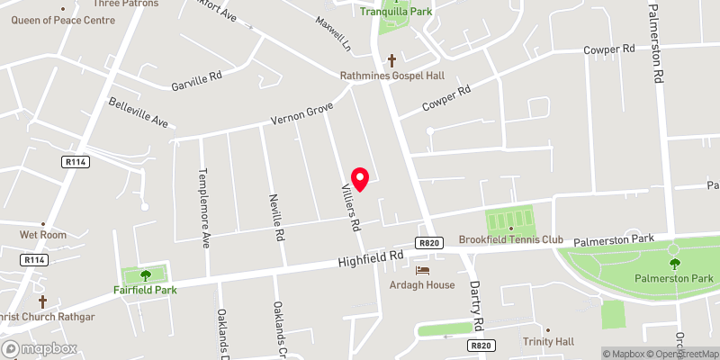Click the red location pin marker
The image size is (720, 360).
click(361, 179)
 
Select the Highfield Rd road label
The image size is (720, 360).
click(371, 259)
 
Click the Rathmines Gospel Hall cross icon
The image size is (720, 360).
click(391, 61)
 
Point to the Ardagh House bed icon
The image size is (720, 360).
click(422, 270)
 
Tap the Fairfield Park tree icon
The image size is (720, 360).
click(145, 275)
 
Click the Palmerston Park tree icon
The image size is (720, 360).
click(674, 263)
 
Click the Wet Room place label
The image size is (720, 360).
click(43, 235)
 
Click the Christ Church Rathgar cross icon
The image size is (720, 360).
click(42, 301)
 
